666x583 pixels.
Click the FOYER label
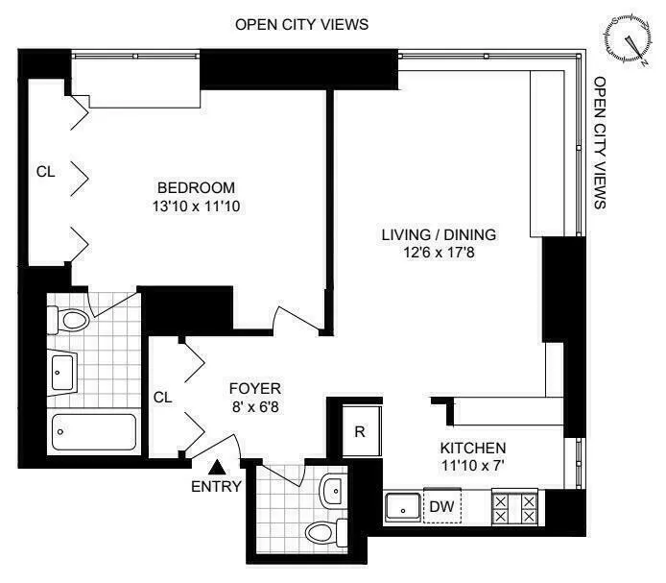pyautogui.click(x=254, y=388)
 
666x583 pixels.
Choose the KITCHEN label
pyautogui.click(x=472, y=449)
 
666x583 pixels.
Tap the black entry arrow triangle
pyautogui.click(x=219, y=467)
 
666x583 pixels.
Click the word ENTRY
pyautogui.click(x=217, y=486)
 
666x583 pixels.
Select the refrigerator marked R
pyautogui.click(x=360, y=430)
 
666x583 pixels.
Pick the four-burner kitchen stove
pyautogui.click(x=514, y=506)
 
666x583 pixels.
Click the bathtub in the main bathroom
pyautogui.click(x=94, y=432)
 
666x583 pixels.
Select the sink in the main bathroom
pyautogui.click(x=65, y=371)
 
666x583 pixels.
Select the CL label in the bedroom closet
pyautogui.click(x=45, y=172)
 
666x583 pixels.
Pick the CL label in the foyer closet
pyautogui.click(x=163, y=396)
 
